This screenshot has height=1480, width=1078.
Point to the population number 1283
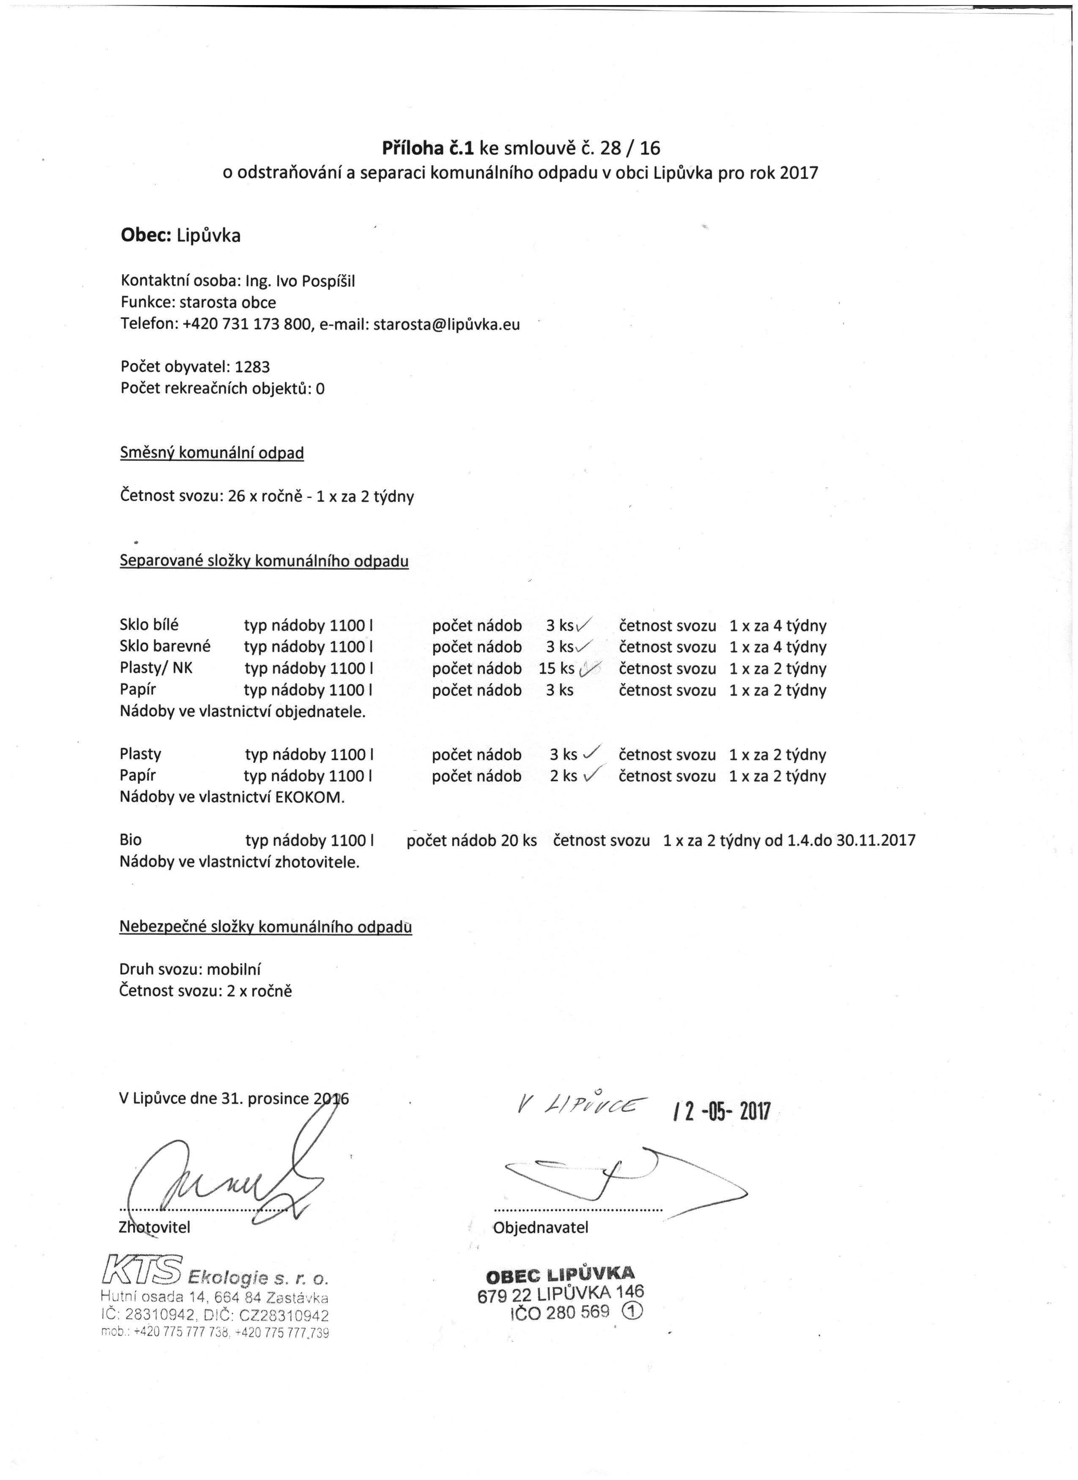point(252,367)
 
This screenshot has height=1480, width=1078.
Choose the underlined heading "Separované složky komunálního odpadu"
point(264,561)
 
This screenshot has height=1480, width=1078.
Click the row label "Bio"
point(131,840)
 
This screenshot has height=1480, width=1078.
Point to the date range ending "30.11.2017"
point(875,840)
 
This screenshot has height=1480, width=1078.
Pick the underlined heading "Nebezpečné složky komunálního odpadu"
point(265,927)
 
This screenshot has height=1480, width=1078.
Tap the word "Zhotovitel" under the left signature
point(155,1228)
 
